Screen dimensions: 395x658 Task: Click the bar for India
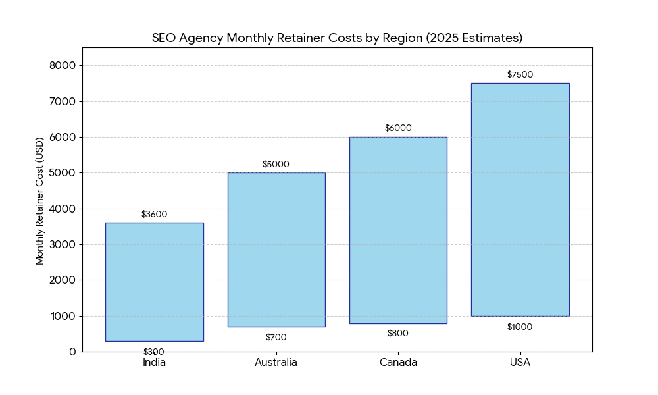click(154, 282)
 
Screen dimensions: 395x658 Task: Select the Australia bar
click(276, 250)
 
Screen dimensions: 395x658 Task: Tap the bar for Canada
click(398, 230)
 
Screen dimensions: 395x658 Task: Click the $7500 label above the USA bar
click(520, 75)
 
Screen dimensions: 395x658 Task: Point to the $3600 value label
click(154, 215)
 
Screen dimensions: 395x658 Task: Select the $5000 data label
click(276, 165)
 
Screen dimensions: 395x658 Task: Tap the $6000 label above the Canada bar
click(398, 128)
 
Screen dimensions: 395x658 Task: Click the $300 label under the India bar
click(154, 352)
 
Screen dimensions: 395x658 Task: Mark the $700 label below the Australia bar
click(276, 338)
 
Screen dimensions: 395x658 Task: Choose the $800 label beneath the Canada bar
click(398, 334)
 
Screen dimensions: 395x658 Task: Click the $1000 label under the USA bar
click(520, 327)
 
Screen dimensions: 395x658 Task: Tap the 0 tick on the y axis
click(72, 352)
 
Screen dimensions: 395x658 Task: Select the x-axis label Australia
click(276, 363)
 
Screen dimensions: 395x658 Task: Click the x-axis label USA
click(520, 363)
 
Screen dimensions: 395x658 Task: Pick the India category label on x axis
click(154, 363)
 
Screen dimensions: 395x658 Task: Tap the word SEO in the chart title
click(164, 38)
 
